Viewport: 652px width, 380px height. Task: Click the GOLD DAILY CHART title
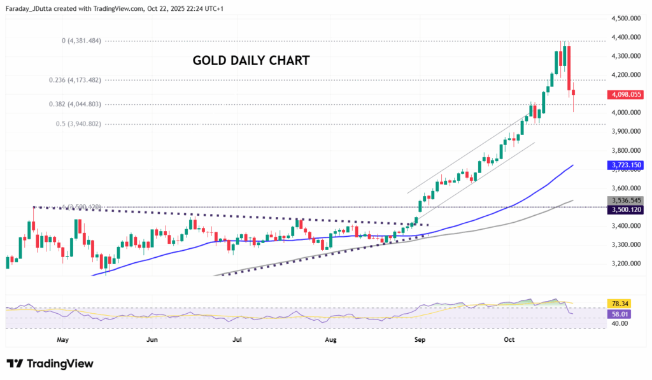click(x=251, y=60)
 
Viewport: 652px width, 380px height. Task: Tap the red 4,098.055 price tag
click(x=626, y=94)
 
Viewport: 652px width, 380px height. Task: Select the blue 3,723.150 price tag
click(x=626, y=165)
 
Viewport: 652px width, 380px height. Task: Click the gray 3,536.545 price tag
click(x=626, y=200)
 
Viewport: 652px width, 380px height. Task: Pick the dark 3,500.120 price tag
click(x=626, y=209)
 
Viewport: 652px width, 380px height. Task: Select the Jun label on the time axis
click(x=152, y=341)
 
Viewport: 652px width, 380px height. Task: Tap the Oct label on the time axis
click(x=509, y=341)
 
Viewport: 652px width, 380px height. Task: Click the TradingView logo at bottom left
click(x=50, y=363)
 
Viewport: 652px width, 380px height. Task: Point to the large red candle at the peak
click(x=569, y=68)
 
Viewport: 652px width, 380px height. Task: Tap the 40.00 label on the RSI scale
click(x=620, y=323)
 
